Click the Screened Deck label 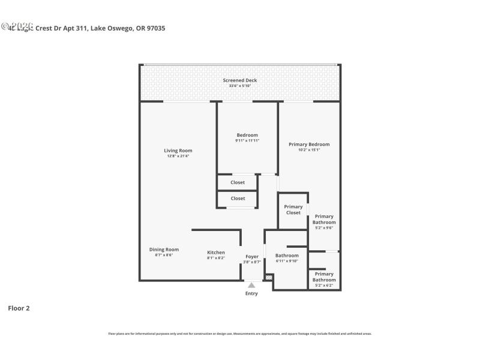pos(240,80)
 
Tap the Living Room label pos(178,151)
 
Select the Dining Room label pos(164,250)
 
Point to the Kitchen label pos(216,252)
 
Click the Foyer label pos(252,257)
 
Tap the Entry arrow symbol pos(251,285)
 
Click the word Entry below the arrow pos(251,293)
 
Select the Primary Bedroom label pos(309,144)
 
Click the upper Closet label pos(238,182)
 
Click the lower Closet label pos(238,198)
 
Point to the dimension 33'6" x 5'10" pos(240,86)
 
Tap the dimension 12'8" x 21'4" pos(178,156)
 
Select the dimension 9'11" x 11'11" pos(247,140)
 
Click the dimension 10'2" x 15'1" pos(309,150)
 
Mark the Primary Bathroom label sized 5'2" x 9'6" pos(324,220)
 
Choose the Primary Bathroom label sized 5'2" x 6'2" pos(324,277)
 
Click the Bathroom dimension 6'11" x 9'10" pos(287,261)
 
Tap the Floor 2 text pos(19,308)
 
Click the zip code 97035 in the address pos(154,28)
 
